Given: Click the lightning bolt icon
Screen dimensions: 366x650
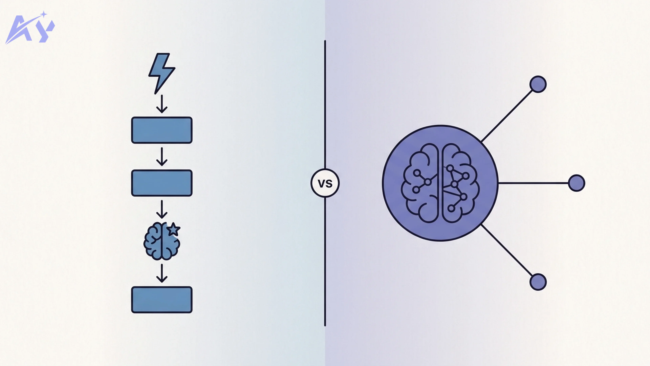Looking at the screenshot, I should click(161, 72).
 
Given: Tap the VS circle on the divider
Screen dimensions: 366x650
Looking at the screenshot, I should click(325, 183).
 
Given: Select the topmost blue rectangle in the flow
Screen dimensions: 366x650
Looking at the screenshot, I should click(162, 130).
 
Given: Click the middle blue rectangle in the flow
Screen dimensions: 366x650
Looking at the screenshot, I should click(162, 183).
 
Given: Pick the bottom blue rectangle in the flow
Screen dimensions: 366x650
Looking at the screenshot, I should click(162, 300).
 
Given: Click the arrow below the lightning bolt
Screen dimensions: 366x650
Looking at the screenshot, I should click(162, 104).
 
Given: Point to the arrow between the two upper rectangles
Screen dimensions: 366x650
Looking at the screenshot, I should click(162, 157).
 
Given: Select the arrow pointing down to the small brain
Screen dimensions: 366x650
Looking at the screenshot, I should click(162, 209).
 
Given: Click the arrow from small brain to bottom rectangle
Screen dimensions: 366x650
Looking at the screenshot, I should click(162, 273).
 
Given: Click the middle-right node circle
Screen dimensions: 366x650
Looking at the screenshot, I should click(576, 183).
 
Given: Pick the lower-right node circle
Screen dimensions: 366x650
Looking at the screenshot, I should click(538, 282).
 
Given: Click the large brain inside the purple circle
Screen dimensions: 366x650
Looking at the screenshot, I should click(440, 183).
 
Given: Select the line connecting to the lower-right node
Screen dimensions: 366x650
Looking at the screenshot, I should click(507, 250).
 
